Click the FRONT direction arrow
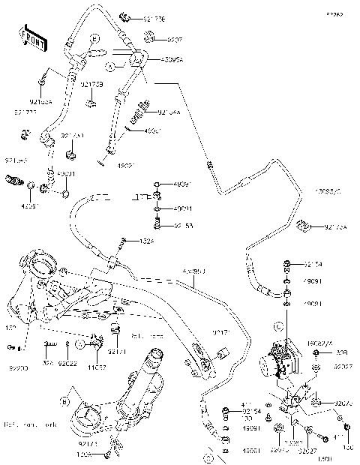[x=29, y=34]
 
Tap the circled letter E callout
[x=94, y=38]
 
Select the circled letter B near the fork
[x=65, y=401]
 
